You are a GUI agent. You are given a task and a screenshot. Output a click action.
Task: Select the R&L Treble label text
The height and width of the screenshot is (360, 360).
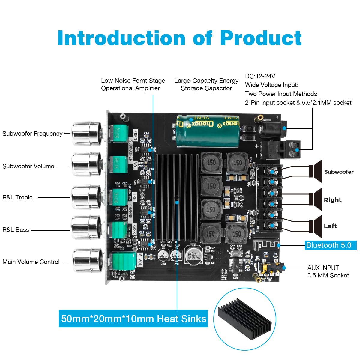[17, 197]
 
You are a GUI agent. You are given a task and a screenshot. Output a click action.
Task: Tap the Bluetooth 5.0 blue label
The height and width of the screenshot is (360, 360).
[330, 245]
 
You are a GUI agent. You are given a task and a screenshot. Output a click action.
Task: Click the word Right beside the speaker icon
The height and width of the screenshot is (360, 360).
[332, 200]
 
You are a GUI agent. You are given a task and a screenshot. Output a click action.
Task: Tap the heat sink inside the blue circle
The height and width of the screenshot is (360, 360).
[244, 319]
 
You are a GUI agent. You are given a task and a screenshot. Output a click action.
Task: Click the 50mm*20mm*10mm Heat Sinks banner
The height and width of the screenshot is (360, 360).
[133, 319]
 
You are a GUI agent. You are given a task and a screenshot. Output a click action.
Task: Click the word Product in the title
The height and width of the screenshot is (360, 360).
[261, 38]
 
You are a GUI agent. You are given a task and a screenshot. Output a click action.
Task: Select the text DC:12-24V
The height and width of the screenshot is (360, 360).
[260, 76]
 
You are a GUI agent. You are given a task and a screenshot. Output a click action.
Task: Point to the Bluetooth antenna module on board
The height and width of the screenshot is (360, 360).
[266, 245]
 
